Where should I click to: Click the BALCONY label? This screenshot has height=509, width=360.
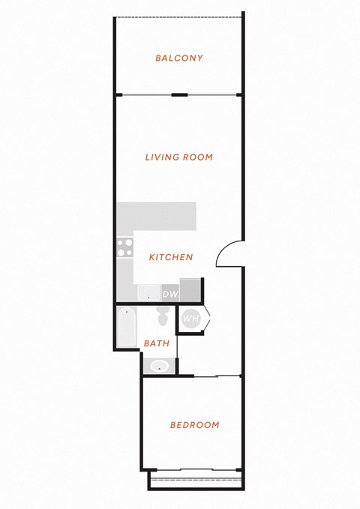[x=179, y=58]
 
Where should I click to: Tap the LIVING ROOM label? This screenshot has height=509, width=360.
[x=179, y=157]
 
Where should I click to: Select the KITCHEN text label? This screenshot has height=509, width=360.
[x=171, y=257]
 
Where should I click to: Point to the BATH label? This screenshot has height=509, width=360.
[x=157, y=343]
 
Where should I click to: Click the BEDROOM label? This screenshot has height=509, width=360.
[x=195, y=425]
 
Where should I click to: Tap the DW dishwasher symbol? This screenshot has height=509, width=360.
[x=170, y=293]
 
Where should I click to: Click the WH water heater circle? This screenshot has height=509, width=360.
[x=191, y=318]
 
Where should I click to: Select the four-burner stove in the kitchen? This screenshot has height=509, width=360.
[x=125, y=247]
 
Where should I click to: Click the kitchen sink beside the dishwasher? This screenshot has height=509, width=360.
[x=148, y=293]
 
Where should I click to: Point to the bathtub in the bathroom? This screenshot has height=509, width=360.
[x=127, y=327]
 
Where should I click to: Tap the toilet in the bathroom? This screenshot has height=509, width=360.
[x=163, y=316]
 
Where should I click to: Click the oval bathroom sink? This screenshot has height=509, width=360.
[x=160, y=366]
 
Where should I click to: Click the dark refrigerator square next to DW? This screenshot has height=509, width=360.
[x=190, y=289]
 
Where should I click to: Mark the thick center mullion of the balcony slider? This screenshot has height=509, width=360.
[x=180, y=94]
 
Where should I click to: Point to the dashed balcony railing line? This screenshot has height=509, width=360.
[x=178, y=17]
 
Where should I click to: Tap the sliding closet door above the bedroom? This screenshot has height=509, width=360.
[x=217, y=376]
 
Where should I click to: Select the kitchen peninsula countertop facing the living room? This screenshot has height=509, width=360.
[x=157, y=216]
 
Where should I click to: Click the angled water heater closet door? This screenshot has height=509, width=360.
[x=207, y=318]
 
